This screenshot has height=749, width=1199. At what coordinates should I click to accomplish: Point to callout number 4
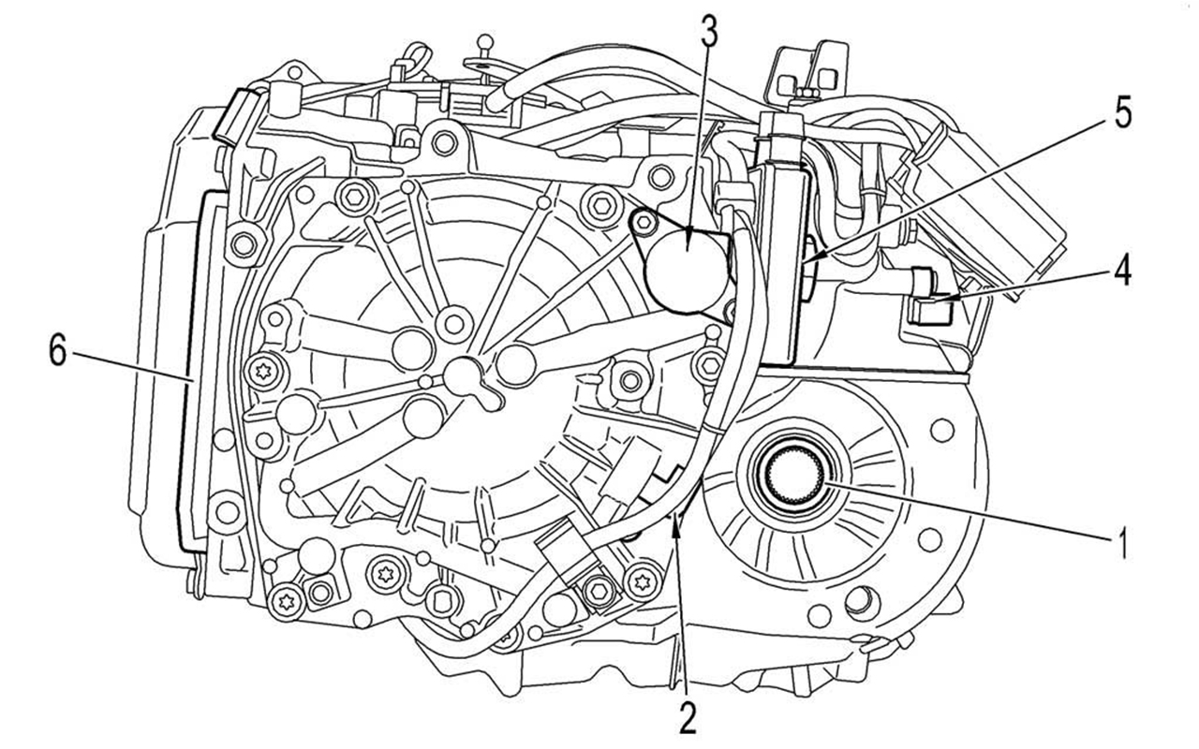pyautogui.click(x=1121, y=271)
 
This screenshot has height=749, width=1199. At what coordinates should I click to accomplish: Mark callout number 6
pyautogui.click(x=58, y=355)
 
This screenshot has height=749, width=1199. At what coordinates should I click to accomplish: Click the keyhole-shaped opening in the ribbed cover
pyautogui.click(x=467, y=378)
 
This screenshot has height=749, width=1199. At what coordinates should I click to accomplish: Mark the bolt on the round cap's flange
pyautogui.click(x=643, y=222)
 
